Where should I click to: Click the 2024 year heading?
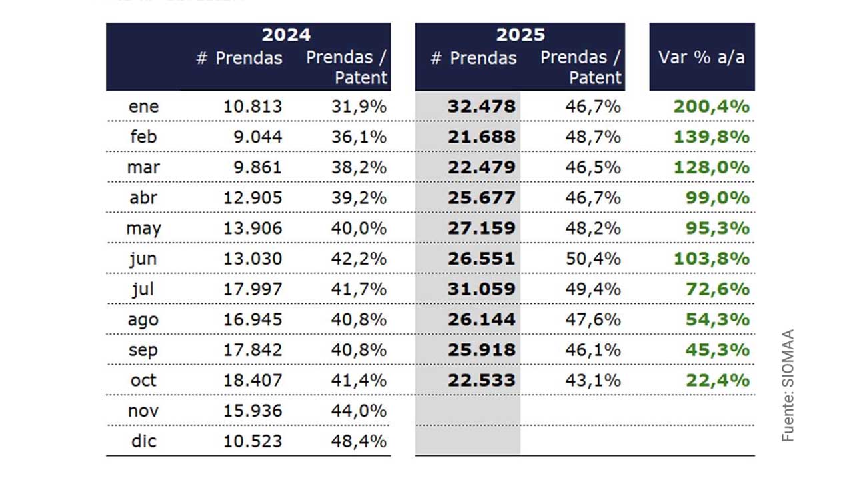(x=286, y=35)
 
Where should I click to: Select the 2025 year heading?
(x=520, y=35)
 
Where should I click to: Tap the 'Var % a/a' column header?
(x=701, y=57)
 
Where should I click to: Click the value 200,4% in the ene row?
(x=711, y=107)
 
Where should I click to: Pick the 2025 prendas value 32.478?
(x=482, y=107)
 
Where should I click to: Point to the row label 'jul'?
(x=143, y=289)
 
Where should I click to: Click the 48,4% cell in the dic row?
(x=359, y=441)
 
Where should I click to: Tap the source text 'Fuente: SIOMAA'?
(x=788, y=385)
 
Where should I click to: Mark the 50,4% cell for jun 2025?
(x=593, y=259)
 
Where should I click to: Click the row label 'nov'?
(x=143, y=411)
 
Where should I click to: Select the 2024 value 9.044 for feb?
(x=255, y=137)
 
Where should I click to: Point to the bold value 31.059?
(x=482, y=289)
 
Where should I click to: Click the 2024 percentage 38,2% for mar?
(x=359, y=167)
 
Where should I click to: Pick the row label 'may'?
(x=143, y=229)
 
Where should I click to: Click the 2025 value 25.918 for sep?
(x=482, y=350)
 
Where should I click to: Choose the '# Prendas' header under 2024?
(x=239, y=59)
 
